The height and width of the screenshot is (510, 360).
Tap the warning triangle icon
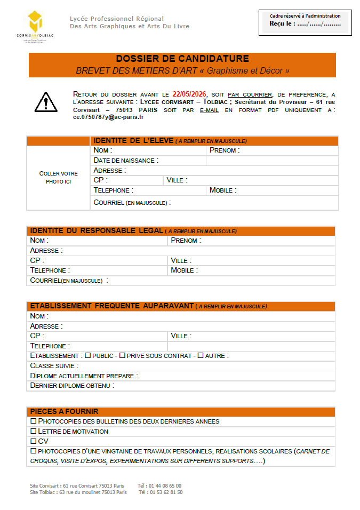coord(46,101)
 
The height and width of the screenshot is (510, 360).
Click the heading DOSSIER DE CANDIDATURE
coord(182,59)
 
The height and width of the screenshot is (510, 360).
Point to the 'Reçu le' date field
coord(306,23)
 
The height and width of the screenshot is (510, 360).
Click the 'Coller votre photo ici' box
coord(58,178)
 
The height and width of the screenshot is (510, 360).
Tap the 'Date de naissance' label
coord(126,161)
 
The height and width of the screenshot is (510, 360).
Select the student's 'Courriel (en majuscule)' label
coord(132,203)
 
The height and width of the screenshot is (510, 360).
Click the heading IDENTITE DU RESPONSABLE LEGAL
coord(97,231)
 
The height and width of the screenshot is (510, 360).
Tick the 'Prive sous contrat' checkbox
coord(122,355)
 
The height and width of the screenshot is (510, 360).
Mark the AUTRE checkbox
coord(201,355)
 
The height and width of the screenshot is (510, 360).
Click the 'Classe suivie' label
coord(54,366)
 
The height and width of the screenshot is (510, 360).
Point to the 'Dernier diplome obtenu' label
coord(72,386)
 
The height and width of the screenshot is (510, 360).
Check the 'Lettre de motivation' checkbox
coord(33,431)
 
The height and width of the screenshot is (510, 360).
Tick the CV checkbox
coord(33,441)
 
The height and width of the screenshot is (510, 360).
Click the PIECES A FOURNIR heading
coord(64,412)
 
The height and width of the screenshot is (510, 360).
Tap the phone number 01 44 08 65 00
coord(165,486)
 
